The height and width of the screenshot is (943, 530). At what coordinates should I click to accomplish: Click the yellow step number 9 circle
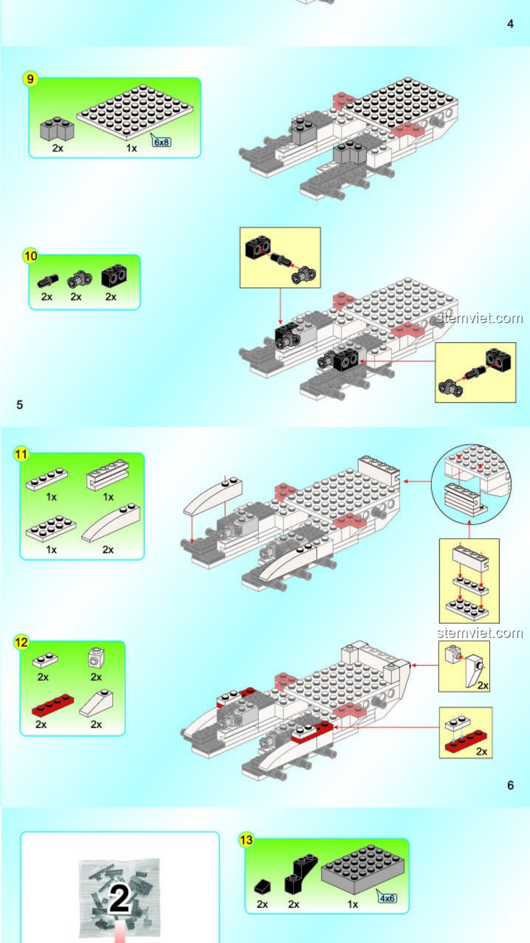tap(30, 79)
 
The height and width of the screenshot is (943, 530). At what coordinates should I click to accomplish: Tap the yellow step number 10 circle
tap(30, 255)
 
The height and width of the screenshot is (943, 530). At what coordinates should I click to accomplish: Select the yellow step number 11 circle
tap(21, 454)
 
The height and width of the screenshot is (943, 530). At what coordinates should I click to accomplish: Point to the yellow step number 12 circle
tap(21, 642)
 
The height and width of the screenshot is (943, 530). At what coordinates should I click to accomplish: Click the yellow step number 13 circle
tap(246, 840)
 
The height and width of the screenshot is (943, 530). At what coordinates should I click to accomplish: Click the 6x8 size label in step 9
tap(161, 142)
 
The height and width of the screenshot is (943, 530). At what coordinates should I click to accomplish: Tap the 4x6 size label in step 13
tap(387, 898)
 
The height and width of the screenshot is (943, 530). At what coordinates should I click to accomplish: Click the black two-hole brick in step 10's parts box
tap(114, 276)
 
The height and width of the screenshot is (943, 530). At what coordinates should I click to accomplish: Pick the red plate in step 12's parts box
tap(53, 705)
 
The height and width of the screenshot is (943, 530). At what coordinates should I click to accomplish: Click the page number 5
tap(20, 405)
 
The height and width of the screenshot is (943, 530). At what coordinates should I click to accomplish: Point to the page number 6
tap(510, 785)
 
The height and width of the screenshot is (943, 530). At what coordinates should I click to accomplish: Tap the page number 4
tap(510, 24)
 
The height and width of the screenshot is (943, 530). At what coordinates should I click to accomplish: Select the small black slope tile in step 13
tap(263, 887)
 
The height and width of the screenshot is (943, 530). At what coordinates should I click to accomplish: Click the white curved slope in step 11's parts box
tap(111, 523)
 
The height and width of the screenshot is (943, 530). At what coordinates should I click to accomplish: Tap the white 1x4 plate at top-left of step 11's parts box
tap(47, 479)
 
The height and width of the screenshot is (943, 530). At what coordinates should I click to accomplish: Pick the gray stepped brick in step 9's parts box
tap(57, 129)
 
